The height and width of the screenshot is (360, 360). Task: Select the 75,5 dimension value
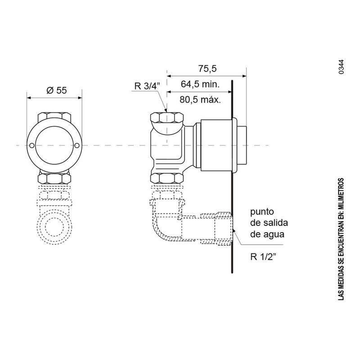click(x=207, y=69)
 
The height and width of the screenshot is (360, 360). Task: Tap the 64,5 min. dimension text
click(x=200, y=84)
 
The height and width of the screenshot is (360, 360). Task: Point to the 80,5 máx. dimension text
click(x=200, y=100)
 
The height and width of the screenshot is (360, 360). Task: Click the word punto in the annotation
click(x=262, y=211)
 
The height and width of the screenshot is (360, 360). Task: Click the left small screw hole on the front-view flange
click(x=32, y=145)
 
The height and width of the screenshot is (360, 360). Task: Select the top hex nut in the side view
click(x=166, y=118)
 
